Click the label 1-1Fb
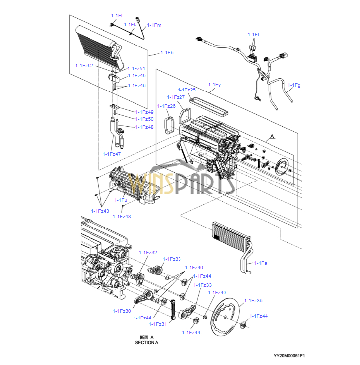(x=167, y=53)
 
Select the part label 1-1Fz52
(x=84, y=66)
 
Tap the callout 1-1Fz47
(x=112, y=154)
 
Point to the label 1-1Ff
(x=253, y=35)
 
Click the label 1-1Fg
(x=294, y=85)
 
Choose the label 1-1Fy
(x=214, y=85)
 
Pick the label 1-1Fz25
(x=186, y=90)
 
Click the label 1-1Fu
(x=121, y=200)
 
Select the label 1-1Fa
(x=261, y=263)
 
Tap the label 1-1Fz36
(x=253, y=301)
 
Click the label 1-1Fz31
(x=158, y=324)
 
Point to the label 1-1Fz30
(x=122, y=311)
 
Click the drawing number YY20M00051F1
(x=289, y=356)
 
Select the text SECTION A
(x=146, y=343)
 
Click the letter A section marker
(x=272, y=136)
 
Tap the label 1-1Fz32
(x=148, y=253)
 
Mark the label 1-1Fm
(x=154, y=25)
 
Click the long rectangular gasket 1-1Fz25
(x=209, y=107)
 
